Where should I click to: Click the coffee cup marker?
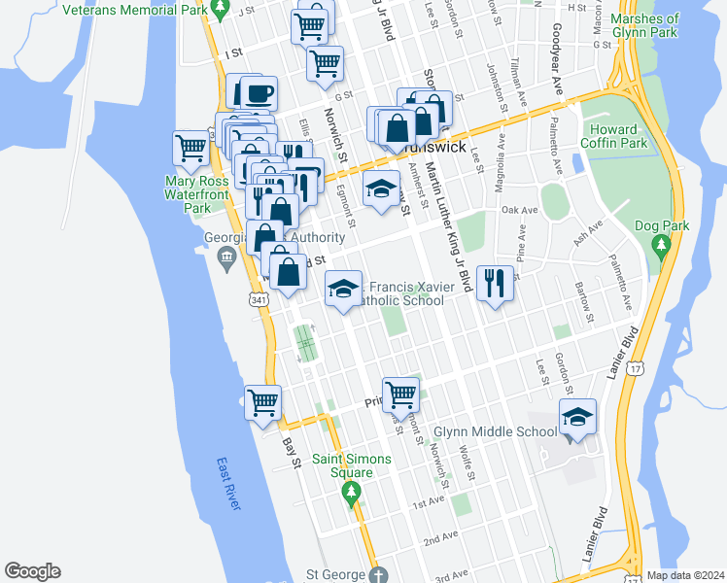click(x=259, y=94)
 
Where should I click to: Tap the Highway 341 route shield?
click(x=259, y=301)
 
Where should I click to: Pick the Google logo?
click(x=31, y=571)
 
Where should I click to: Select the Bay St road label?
click(x=291, y=453)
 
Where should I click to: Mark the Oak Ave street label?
click(x=519, y=210)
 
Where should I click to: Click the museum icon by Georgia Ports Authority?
click(x=226, y=257)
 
